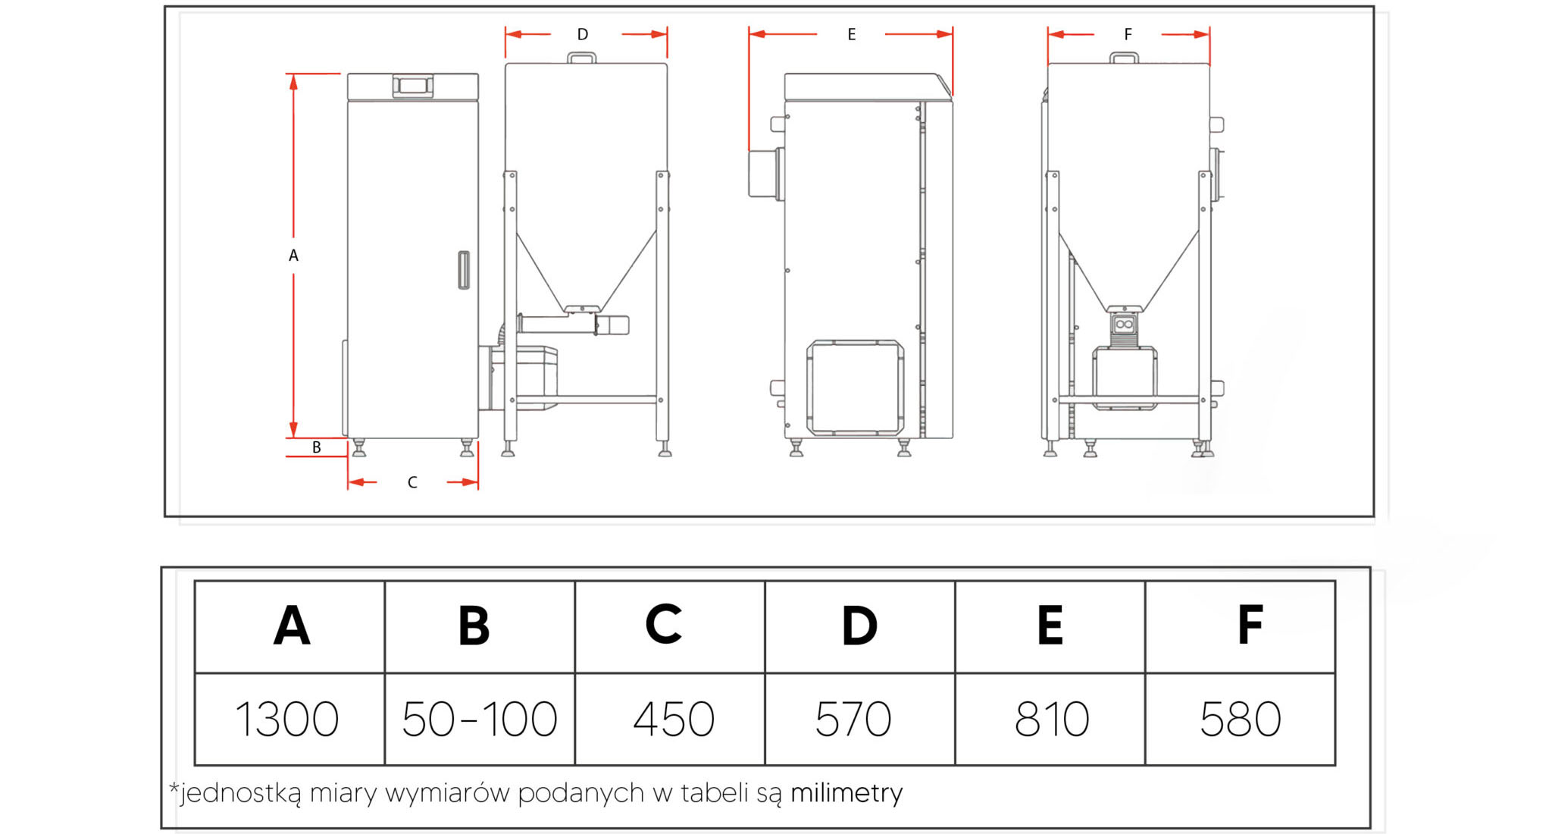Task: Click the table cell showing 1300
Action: pyautogui.click(x=289, y=719)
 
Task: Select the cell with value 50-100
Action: pyautogui.click(x=480, y=719)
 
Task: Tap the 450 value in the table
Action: pyautogui.click(x=670, y=719)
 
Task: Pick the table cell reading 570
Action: pyautogui.click(x=860, y=719)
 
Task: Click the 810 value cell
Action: pyautogui.click(x=1050, y=719)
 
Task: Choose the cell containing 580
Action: pyautogui.click(x=1241, y=719)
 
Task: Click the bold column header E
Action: pyautogui.click(x=1050, y=625)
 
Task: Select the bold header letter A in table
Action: pyautogui.click(x=292, y=625)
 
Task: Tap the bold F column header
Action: pyautogui.click(x=1250, y=625)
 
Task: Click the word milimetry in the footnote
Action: pyautogui.click(x=846, y=793)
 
